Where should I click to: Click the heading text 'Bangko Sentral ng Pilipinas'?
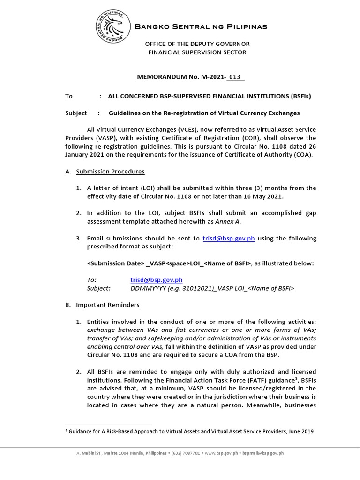(201, 27)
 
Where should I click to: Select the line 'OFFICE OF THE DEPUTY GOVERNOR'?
(197, 44)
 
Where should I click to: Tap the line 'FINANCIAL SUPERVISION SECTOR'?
(197, 52)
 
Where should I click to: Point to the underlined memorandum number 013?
(236, 77)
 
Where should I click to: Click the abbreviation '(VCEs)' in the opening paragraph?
(164, 129)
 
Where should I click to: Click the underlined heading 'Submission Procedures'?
(110, 172)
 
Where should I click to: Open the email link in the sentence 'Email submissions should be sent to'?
(229, 238)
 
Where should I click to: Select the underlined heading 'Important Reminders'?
(108, 305)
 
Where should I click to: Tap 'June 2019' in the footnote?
(300, 431)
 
